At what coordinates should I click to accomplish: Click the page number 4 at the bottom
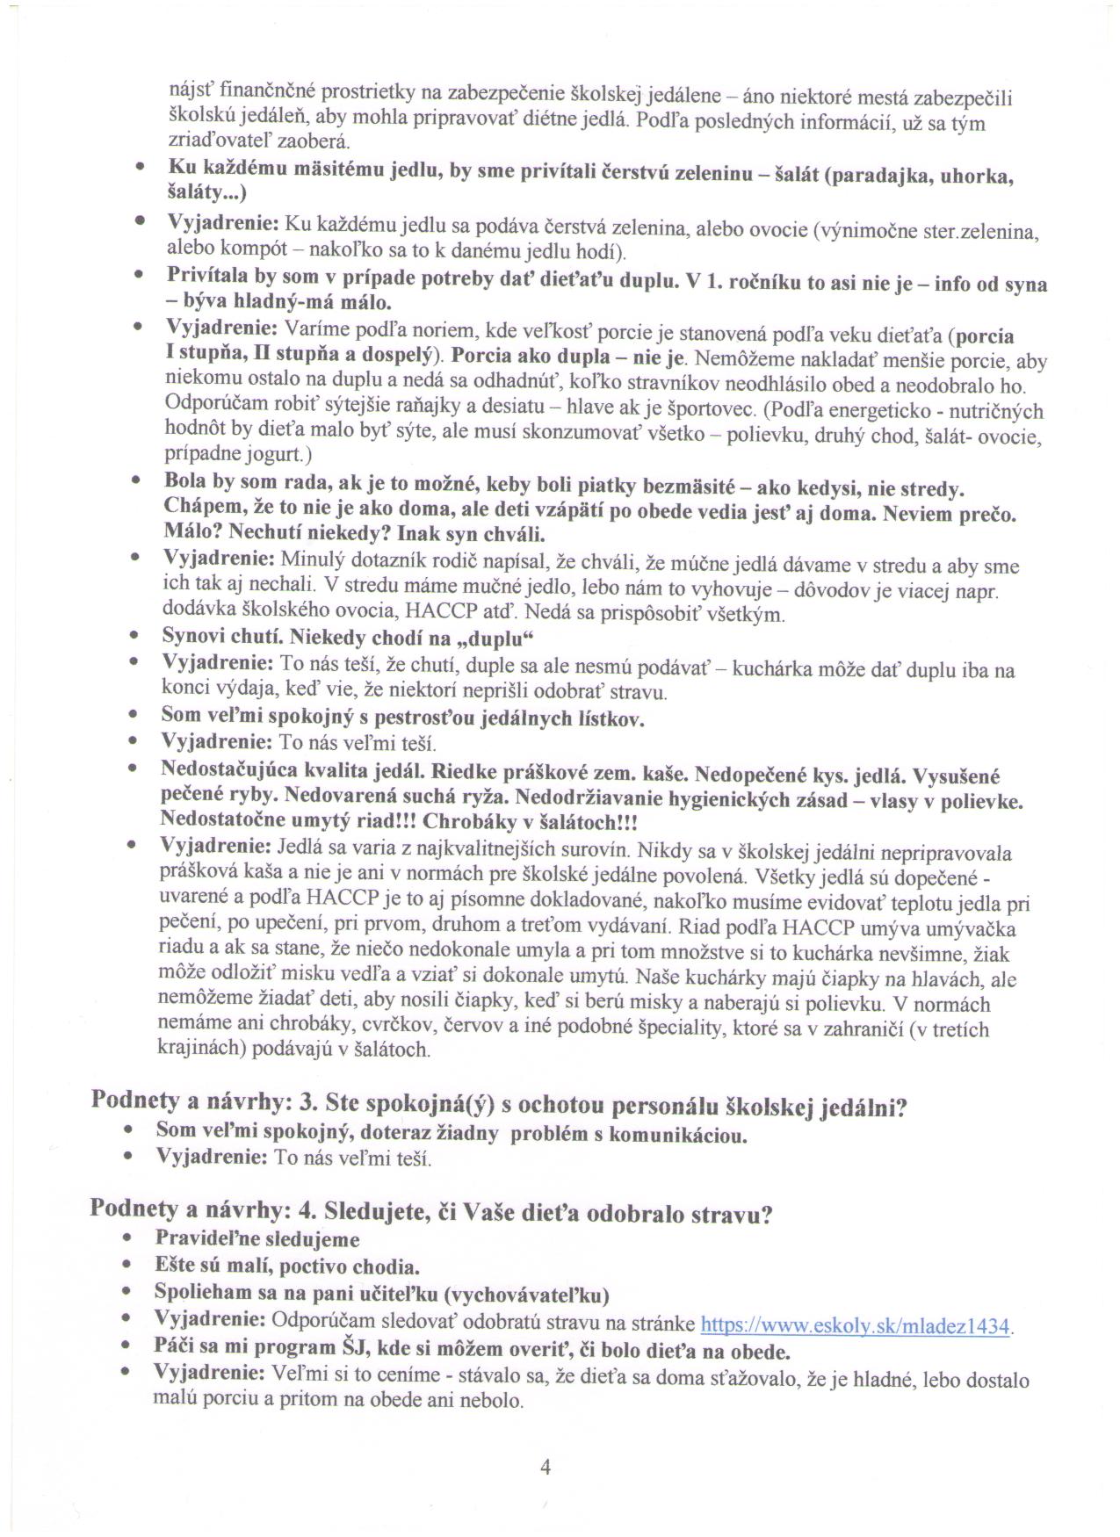[x=546, y=1467]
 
